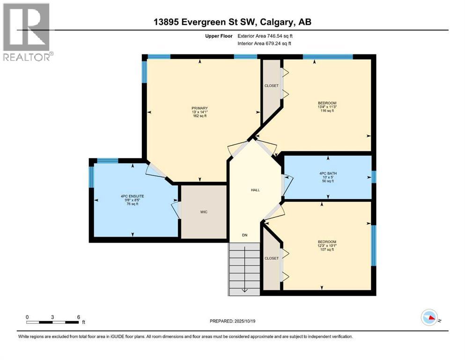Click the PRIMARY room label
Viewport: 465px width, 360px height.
[199, 108]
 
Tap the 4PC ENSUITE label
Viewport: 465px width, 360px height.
[132, 196]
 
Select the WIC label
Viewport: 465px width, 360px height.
[204, 212]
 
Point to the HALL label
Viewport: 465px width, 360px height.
[255, 190]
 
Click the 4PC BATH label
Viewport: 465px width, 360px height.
[328, 173]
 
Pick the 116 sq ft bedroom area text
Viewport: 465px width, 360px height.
[327, 111]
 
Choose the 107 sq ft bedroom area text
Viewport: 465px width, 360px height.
[327, 249]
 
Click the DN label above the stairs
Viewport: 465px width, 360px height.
[244, 235]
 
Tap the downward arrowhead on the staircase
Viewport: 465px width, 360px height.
[244, 290]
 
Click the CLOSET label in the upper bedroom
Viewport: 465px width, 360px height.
[271, 85]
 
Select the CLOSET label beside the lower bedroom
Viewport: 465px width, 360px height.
[271, 258]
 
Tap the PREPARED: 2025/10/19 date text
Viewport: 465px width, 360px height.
[232, 321]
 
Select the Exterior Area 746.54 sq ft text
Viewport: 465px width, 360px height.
[265, 36]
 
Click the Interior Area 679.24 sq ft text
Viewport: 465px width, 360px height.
[264, 43]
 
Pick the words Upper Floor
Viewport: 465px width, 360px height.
[219, 36]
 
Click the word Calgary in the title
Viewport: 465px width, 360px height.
[275, 22]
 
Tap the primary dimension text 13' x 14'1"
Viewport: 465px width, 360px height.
[199, 112]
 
